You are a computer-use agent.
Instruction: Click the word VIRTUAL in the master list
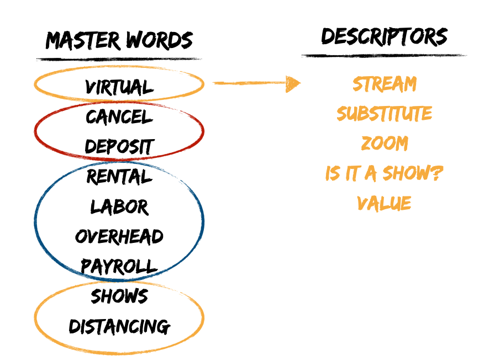tap(119, 87)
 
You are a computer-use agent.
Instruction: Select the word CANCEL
tap(119, 117)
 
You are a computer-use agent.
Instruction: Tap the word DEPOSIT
tap(119, 147)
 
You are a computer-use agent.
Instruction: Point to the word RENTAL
tap(119, 177)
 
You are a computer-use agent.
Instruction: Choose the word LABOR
tap(119, 207)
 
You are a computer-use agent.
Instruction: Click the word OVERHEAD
tap(119, 237)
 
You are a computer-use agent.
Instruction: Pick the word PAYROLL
tap(119, 266)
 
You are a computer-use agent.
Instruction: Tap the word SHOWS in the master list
tap(119, 296)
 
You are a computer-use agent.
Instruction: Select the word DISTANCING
tap(119, 326)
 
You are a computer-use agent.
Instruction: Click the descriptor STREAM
tap(385, 84)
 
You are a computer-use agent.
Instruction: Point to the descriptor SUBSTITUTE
tap(385, 114)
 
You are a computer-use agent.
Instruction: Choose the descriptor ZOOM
tap(385, 144)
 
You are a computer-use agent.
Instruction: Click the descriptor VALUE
tap(385, 203)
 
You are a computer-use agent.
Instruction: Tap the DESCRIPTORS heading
tap(385, 36)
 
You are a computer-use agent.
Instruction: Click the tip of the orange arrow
tap(299, 83)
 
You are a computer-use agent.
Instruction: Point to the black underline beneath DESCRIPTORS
tap(385, 55)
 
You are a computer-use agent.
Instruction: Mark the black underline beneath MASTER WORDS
tap(119, 59)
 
